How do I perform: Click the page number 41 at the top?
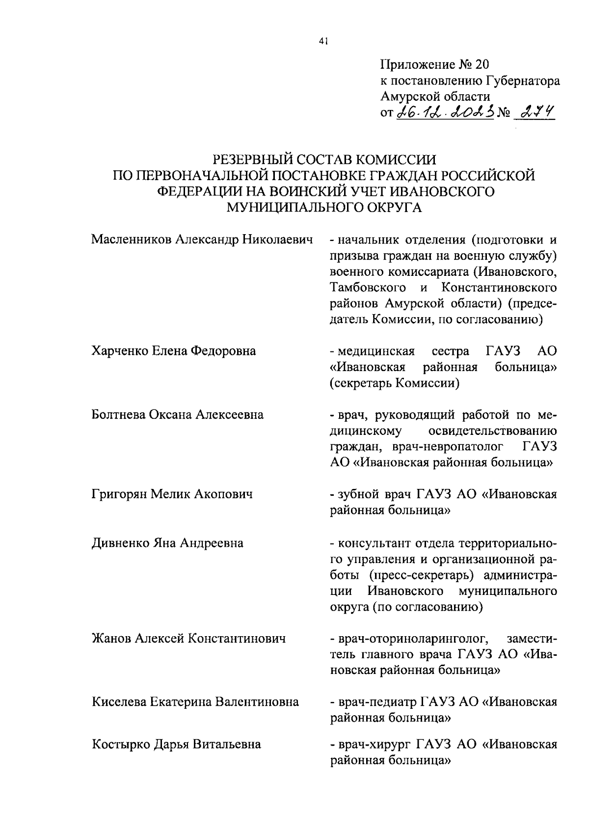322,42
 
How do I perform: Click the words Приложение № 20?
435,64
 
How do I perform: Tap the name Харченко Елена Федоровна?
174,351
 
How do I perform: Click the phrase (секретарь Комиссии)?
395,383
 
